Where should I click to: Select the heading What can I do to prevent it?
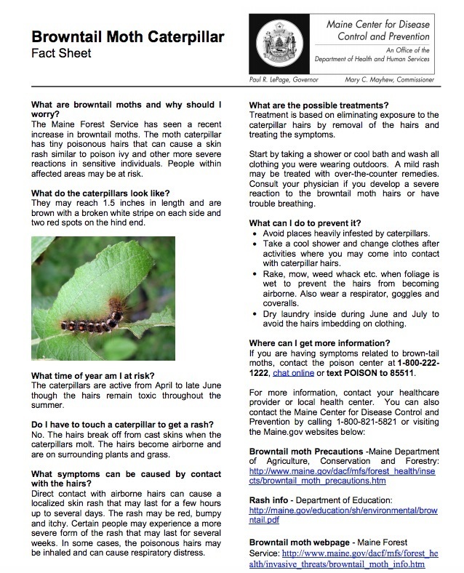313,222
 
